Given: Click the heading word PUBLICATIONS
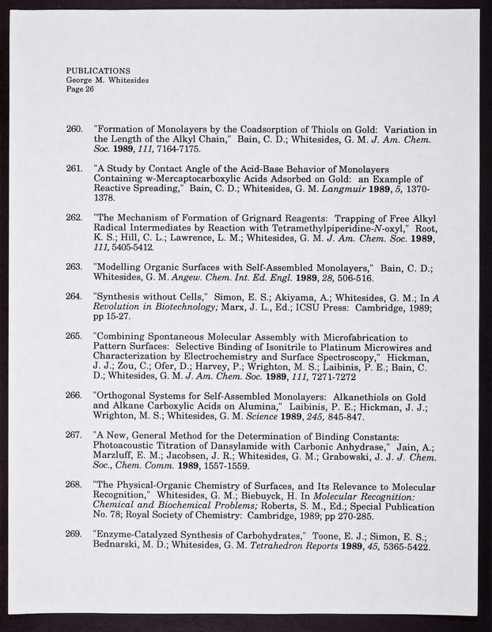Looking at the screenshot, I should click(x=98, y=71).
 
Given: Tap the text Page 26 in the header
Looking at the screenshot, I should click(x=80, y=88).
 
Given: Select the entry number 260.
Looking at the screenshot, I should click(x=74, y=129).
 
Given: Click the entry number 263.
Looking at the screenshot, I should click(x=74, y=267).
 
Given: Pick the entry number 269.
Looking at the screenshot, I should click(x=74, y=533).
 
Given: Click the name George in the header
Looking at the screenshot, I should click(x=81, y=80).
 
